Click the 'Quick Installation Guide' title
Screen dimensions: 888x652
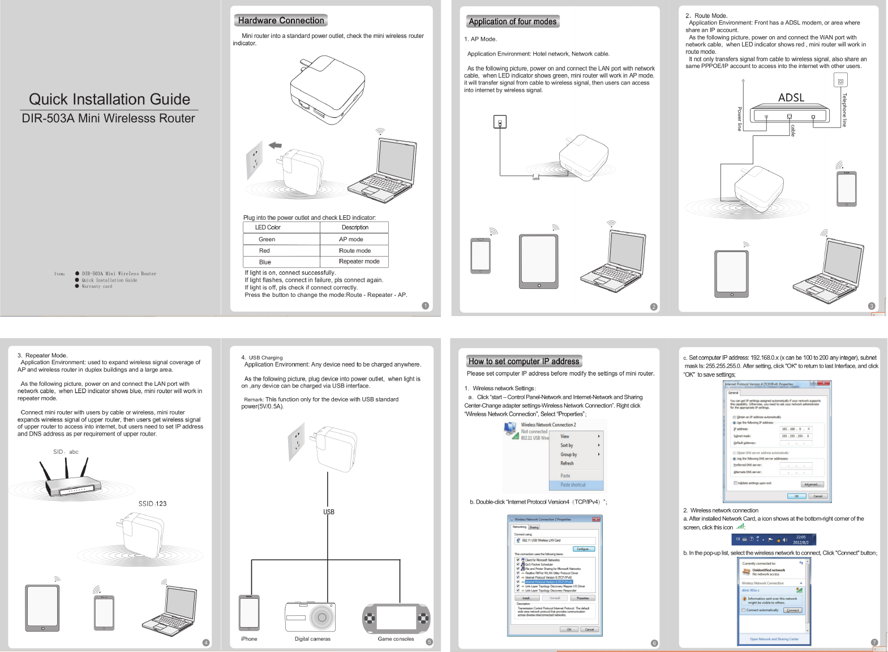pos(109,99)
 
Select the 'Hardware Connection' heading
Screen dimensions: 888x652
pos(281,20)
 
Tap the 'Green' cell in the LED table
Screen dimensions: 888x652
pos(267,239)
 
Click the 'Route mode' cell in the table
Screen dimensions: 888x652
pos(355,250)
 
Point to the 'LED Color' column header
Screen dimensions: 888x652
pos(268,227)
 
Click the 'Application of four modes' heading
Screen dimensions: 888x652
pos(512,22)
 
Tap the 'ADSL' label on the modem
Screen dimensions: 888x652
pos(791,97)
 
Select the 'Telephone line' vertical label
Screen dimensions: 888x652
pos(844,110)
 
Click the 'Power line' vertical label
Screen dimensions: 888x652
pos(739,119)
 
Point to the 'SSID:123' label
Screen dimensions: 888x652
pos(152,504)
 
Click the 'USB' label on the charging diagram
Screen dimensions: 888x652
pos(329,512)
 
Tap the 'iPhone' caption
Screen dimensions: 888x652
pos(249,639)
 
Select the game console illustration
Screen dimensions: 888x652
pos(396,618)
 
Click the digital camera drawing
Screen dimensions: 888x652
pos(310,616)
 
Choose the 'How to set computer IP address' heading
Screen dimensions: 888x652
pos(524,361)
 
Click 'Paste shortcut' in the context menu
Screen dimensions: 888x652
pos(573,485)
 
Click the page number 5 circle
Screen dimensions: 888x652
pos(429,642)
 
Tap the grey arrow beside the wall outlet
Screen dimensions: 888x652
pos(275,146)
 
